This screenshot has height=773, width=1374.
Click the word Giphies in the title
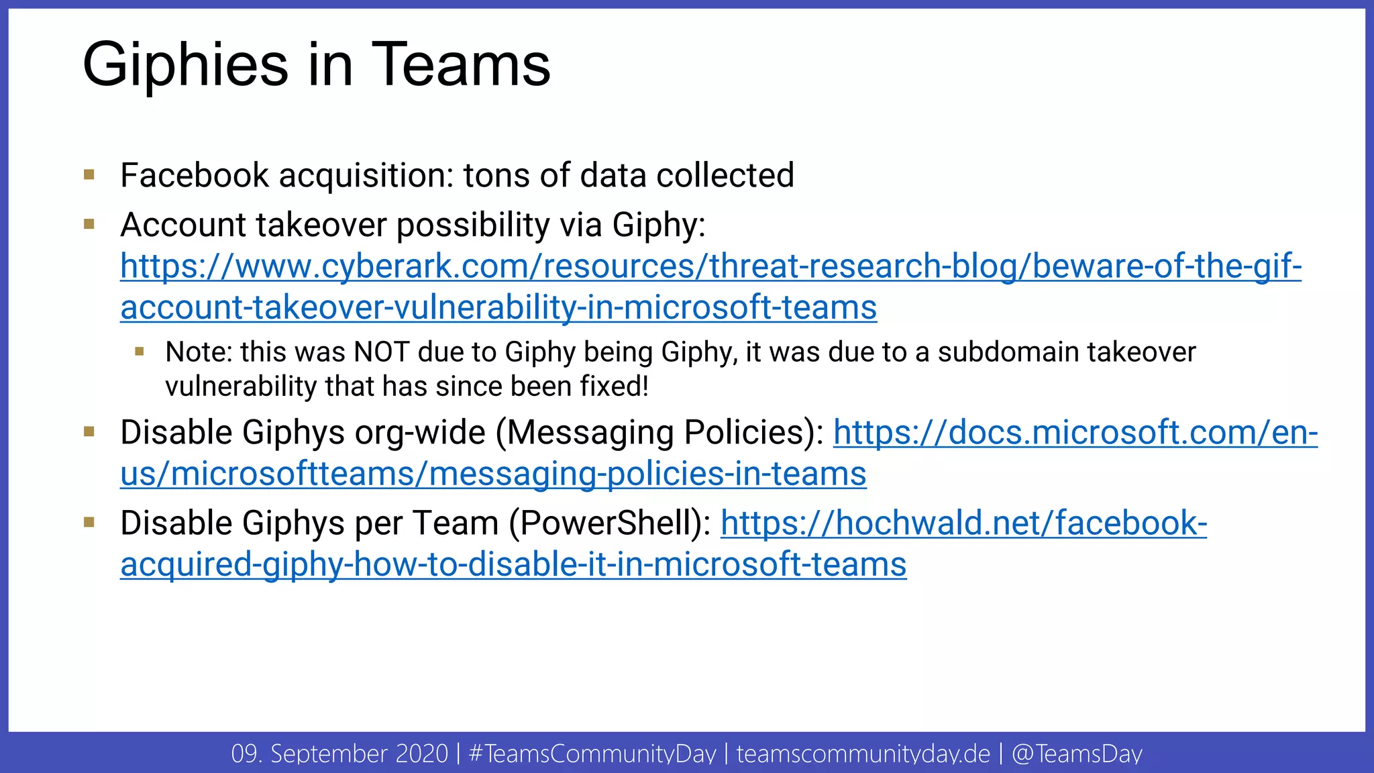pyautogui.click(x=185, y=66)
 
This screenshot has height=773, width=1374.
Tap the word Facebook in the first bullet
pyautogui.click(x=194, y=176)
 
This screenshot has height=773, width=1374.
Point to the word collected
pyautogui.click(x=725, y=176)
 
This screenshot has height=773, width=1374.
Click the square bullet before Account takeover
pyautogui.click(x=89, y=224)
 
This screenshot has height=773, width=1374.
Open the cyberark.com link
pyautogui.click(x=710, y=266)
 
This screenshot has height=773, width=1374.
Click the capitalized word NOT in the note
pyautogui.click(x=381, y=352)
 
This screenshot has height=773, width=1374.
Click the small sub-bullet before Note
pyautogui.click(x=140, y=352)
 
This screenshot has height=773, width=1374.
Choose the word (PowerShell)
pyautogui.click(x=610, y=523)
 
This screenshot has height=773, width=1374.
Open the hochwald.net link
pyautogui.click(x=963, y=523)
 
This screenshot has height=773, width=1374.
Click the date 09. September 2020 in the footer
pyautogui.click(x=339, y=754)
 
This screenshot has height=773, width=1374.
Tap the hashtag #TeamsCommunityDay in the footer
pyautogui.click(x=592, y=754)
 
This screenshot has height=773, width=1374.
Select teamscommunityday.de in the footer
pyautogui.click(x=863, y=754)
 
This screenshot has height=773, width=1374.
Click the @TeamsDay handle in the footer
pyautogui.click(x=1077, y=754)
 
